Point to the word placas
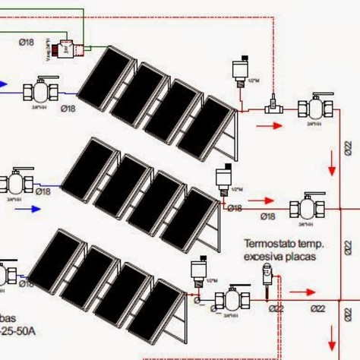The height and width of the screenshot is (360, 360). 305,257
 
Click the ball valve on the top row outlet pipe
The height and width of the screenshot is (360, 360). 314,107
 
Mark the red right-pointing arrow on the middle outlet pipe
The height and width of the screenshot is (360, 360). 261,201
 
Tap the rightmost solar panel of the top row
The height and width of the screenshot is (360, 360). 204,127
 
